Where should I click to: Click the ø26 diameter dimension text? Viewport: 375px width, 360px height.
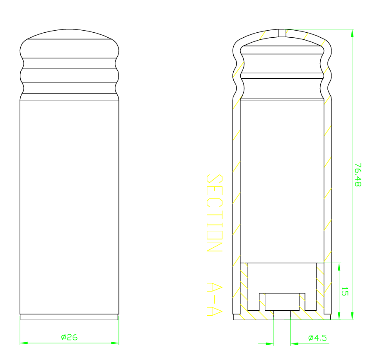[x=69, y=337]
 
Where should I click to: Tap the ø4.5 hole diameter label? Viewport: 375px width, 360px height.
[x=317, y=338]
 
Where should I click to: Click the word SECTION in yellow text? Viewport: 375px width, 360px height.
[x=214, y=213]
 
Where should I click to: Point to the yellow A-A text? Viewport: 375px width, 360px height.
[x=214, y=300]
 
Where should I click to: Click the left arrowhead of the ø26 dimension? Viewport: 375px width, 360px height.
[x=24, y=343]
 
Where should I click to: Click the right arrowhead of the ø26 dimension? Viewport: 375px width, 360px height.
[x=115, y=343]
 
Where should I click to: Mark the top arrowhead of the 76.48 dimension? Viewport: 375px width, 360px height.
[x=352, y=33]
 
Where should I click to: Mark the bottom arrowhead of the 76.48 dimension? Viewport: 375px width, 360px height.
[x=352, y=317]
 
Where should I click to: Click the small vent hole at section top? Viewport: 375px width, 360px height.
[x=282, y=33]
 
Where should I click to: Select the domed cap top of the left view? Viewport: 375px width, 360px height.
[x=69, y=34]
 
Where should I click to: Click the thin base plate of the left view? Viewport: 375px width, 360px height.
[x=69, y=317]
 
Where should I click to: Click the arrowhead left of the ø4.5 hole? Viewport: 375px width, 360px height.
[x=270, y=343]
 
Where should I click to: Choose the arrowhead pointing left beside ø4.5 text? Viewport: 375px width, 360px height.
[x=294, y=343]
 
